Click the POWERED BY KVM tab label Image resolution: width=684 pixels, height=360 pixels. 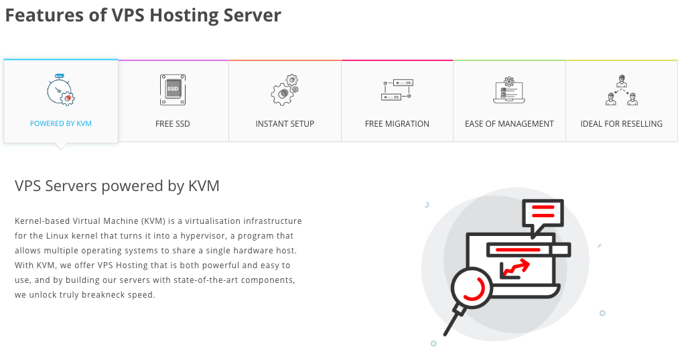(x=61, y=123)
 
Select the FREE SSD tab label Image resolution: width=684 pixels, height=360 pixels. (x=173, y=123)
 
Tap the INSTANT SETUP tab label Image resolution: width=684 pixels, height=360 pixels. (x=285, y=123)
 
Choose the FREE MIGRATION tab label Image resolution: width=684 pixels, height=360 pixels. (x=397, y=123)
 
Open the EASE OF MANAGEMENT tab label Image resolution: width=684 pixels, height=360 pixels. (x=509, y=123)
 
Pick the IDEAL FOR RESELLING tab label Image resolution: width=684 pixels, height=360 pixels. (x=621, y=123)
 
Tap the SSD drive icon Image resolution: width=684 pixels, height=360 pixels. (x=173, y=90)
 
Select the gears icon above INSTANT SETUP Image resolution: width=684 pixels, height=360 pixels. (x=285, y=90)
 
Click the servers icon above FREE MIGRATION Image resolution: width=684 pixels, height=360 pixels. (x=397, y=90)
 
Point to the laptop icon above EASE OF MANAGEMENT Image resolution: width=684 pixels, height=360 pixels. (x=509, y=91)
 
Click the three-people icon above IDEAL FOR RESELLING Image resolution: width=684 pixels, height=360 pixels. (x=621, y=91)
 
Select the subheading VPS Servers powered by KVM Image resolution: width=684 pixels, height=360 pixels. (x=117, y=186)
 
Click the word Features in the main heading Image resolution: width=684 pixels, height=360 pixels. (x=45, y=15)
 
